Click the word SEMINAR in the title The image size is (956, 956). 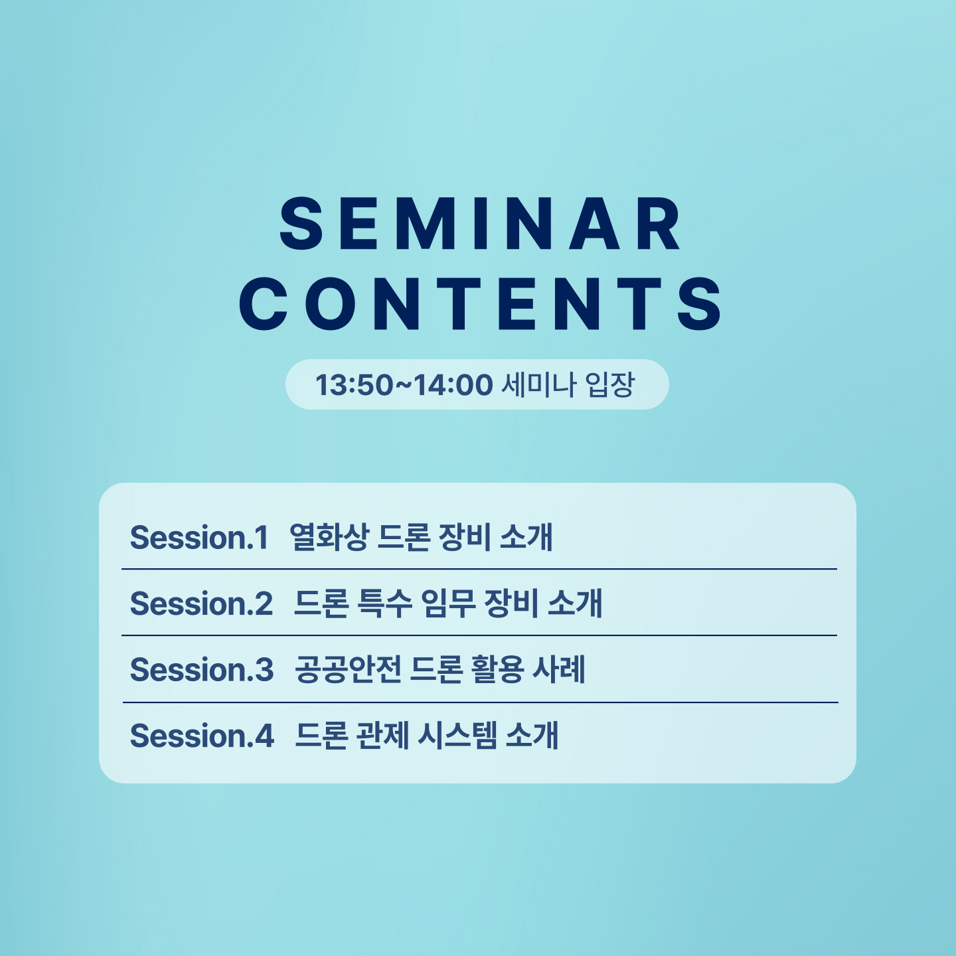pos(480,223)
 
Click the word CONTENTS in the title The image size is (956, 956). pos(480,303)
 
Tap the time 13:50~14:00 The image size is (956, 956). pos(404,385)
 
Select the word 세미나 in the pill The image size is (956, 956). pos(539,385)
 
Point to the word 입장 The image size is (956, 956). pos(609,385)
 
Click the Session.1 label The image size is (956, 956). pos(199,537)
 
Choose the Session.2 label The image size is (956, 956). pos(201,603)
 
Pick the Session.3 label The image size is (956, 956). pos(201,669)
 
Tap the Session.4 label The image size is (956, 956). pos(202,735)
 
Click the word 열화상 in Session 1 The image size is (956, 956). pos(329,537)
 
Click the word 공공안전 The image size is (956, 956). pos(348,669)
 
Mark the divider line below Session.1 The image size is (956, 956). pos(479,569)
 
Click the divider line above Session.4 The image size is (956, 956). pos(480,702)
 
